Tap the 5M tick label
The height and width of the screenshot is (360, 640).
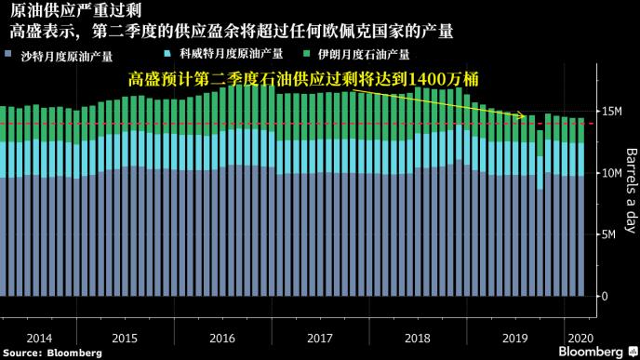(x=610, y=234)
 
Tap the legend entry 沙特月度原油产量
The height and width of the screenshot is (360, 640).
(x=65, y=56)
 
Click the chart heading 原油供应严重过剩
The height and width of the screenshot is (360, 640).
(x=58, y=11)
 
